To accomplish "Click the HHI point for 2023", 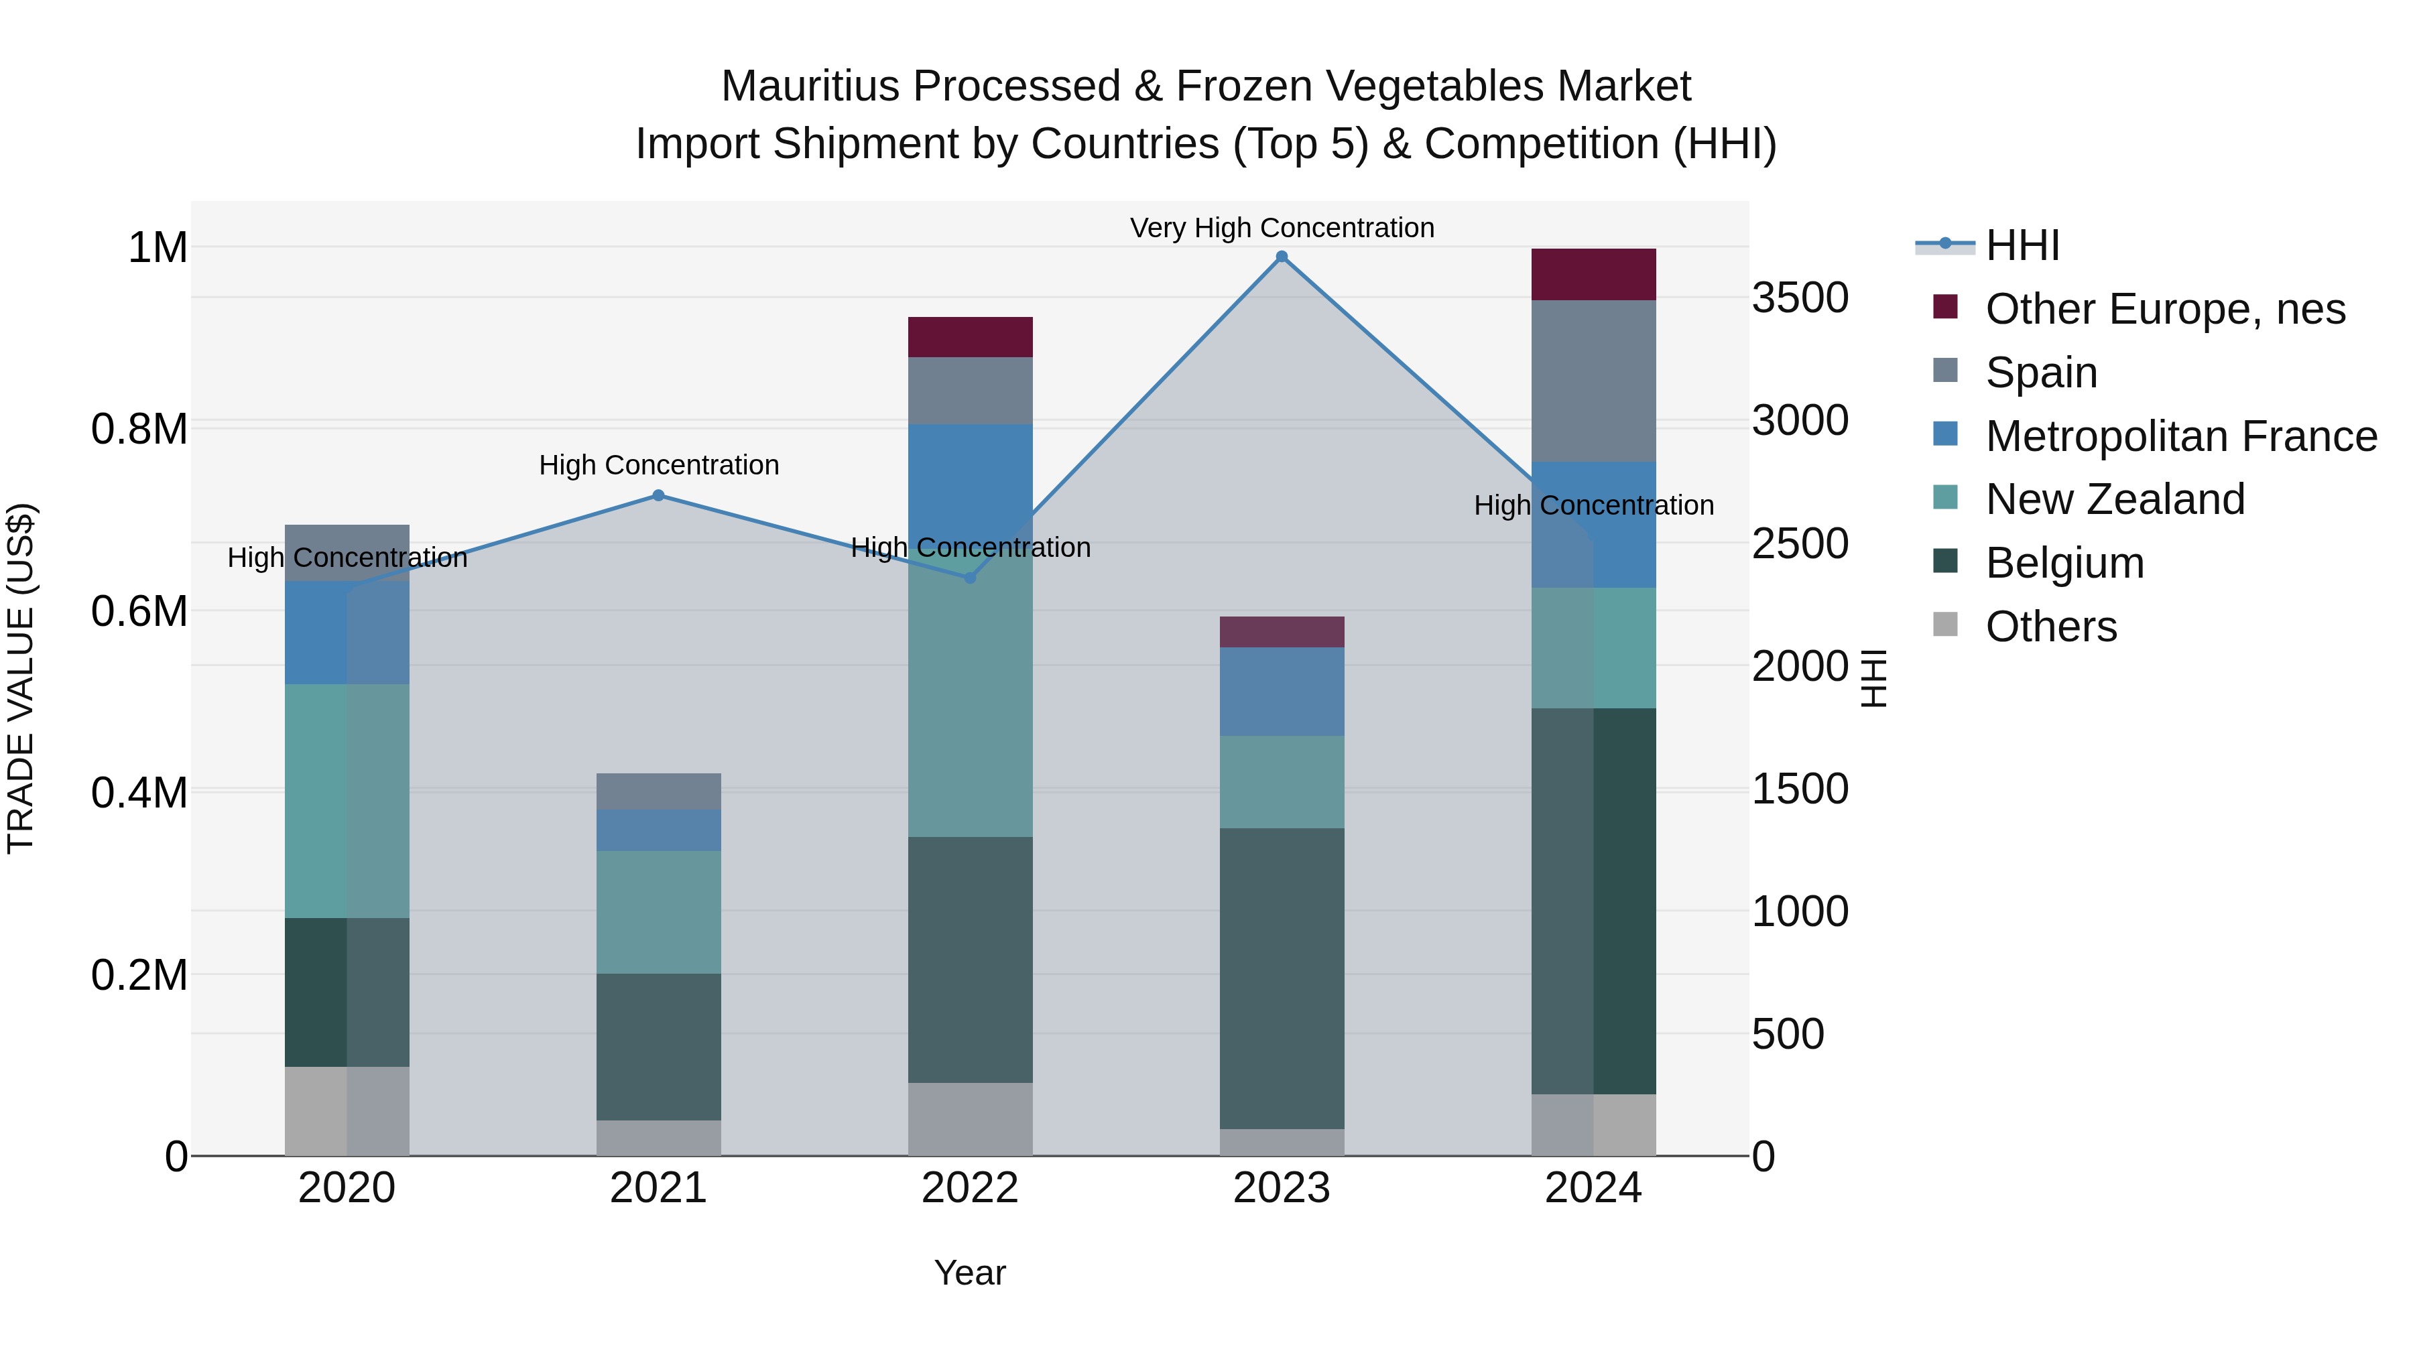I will pyautogui.click(x=1282, y=257).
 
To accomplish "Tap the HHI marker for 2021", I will pyautogui.click(x=658, y=495).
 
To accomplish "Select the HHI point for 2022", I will pyautogui.click(x=971, y=578).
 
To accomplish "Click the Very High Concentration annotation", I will pyautogui.click(x=1282, y=228).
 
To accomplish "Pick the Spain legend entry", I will pyautogui.click(x=2041, y=373).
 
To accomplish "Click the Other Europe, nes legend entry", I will pyautogui.click(x=2165, y=309).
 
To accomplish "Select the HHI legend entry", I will pyautogui.click(x=2022, y=245).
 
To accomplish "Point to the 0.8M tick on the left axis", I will pyautogui.click(x=139, y=429).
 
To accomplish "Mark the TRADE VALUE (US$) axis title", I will pyautogui.click(x=21, y=678).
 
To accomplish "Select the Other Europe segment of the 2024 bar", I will pyautogui.click(x=1593, y=274).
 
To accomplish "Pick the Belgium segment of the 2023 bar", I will pyautogui.click(x=1282, y=978).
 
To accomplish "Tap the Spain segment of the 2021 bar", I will pyautogui.click(x=658, y=791).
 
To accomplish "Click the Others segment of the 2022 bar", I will pyautogui.click(x=971, y=1119).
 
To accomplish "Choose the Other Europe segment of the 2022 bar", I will pyautogui.click(x=971, y=337).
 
